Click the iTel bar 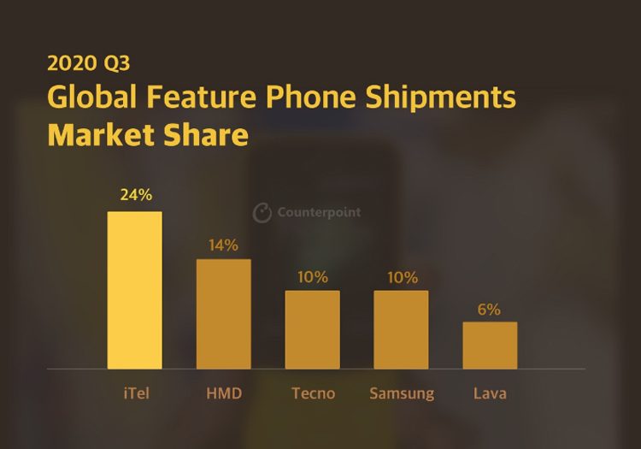point(134,290)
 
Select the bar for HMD point(223,314)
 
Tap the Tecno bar point(312,329)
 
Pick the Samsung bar point(401,329)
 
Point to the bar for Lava point(490,346)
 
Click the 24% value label point(136,195)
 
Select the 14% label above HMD point(223,245)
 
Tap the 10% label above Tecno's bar point(313,277)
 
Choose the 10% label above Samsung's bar point(402,277)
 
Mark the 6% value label point(490,310)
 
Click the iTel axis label point(134,393)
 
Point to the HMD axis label point(224,393)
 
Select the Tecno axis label point(313,393)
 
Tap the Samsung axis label point(402,393)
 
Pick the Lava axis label point(490,393)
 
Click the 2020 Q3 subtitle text point(89,63)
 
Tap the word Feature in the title point(201,97)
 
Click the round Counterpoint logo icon point(262,212)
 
